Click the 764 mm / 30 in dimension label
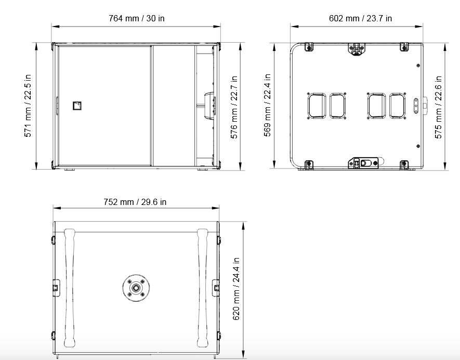click(136, 19)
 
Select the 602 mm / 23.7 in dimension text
click(360, 19)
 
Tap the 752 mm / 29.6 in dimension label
click(135, 202)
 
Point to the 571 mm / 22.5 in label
click(28, 106)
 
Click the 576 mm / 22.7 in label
click(234, 107)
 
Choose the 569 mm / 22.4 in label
click(267, 105)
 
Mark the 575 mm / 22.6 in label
click(438, 107)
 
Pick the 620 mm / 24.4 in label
click(236, 289)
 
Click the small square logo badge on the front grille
click(77, 106)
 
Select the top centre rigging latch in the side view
click(357, 49)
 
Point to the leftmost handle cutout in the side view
click(317, 106)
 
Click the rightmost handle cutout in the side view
click(397, 106)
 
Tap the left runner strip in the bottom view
click(70, 288)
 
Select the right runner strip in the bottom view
click(202, 288)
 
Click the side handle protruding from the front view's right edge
click(210, 105)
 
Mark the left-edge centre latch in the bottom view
click(56, 288)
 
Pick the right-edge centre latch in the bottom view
click(216, 288)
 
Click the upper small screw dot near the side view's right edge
click(418, 66)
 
